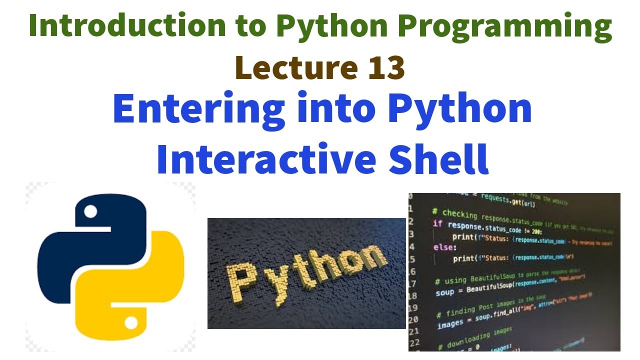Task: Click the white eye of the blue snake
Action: point(90,212)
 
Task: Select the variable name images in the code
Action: point(450,324)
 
